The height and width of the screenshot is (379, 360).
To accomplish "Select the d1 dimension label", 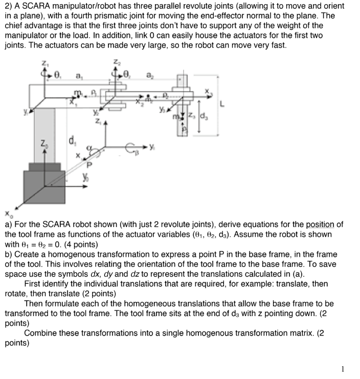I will tap(71, 139).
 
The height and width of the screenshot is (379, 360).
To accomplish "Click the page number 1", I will tap(343, 368).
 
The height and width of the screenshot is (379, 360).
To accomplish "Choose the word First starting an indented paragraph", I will tap(33, 283).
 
